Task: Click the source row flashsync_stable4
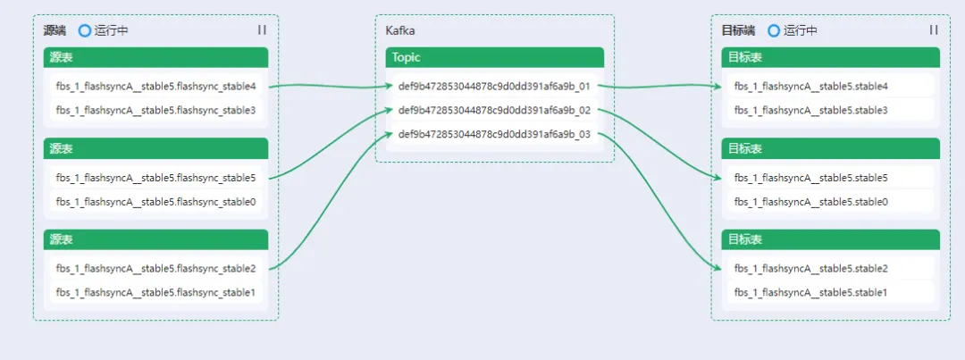[x=155, y=87]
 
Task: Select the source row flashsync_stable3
[x=155, y=110]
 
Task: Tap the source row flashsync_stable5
[x=155, y=178]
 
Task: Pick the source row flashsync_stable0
[x=155, y=202]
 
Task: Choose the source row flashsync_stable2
[x=155, y=269]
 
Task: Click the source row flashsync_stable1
[x=155, y=292]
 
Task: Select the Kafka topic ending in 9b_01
[x=494, y=87]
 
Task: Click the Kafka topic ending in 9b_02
[x=494, y=111]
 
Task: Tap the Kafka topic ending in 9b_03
[x=494, y=135]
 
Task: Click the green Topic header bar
[x=494, y=57]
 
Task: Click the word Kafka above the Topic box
[x=399, y=30]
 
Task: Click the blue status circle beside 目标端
[x=774, y=30]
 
